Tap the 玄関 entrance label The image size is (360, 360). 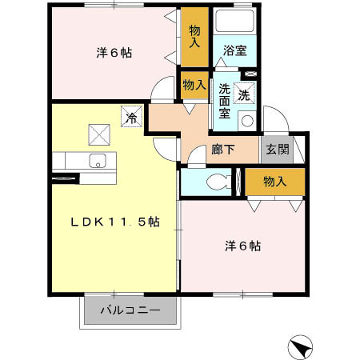coord(277,149)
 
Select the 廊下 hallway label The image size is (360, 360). coord(222,150)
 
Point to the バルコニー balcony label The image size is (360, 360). coord(130,310)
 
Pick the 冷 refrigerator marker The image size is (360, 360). coord(130,117)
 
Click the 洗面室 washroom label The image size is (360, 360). coord(224,101)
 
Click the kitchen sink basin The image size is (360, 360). coord(99,159)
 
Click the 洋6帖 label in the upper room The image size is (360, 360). coord(114,53)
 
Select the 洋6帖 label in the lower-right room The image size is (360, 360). coord(242,246)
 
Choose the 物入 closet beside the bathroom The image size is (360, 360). coord(194,35)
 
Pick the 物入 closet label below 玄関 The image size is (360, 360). coord(275,182)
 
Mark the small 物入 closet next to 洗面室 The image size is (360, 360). coord(194,83)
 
